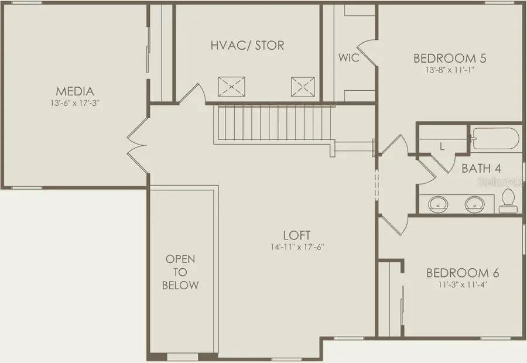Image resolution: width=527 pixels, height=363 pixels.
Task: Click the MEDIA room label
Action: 75,91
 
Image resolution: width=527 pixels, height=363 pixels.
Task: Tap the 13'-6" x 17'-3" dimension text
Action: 75,104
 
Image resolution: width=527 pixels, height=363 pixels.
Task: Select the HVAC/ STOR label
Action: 247,45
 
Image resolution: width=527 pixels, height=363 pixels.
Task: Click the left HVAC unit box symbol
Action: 231,87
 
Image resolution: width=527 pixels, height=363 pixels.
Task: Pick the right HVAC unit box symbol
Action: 303,87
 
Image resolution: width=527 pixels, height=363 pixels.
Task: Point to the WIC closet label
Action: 348,58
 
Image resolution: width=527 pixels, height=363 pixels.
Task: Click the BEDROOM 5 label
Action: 450,58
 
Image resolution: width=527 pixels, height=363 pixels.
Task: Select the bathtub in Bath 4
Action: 496,139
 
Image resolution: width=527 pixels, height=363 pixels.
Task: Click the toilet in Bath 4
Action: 508,201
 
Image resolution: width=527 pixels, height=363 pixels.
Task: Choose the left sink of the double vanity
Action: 437,204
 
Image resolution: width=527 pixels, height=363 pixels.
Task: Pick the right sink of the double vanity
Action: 474,204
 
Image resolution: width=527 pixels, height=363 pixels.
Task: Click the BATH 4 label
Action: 481,169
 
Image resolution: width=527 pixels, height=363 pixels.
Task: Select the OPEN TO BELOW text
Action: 181,272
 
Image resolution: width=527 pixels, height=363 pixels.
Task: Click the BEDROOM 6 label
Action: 463,273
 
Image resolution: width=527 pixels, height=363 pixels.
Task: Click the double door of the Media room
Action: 138,141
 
